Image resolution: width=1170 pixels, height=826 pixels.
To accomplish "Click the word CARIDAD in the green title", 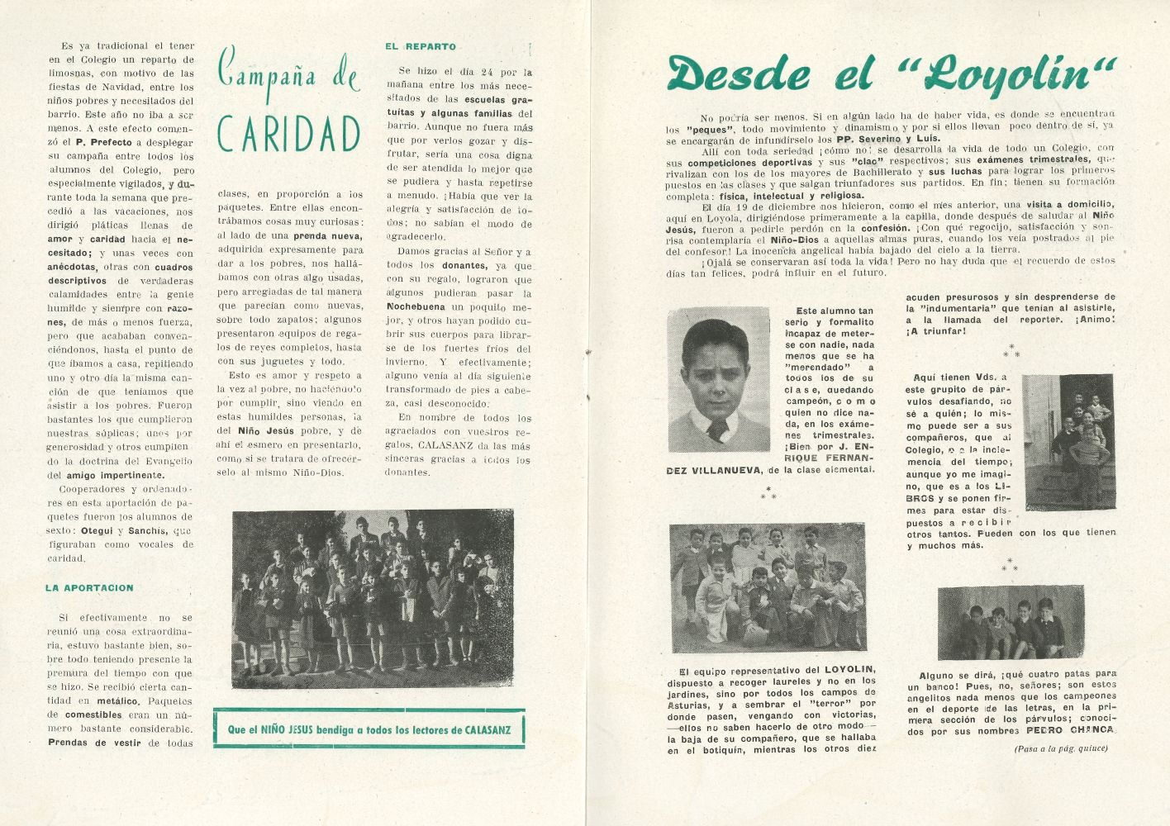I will pos(289,135).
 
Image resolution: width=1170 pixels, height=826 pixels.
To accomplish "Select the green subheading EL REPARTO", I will pos(420,47).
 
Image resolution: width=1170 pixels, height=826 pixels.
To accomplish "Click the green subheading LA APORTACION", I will pos(89,588).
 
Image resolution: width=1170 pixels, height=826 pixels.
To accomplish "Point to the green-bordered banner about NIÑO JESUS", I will pos(369,729).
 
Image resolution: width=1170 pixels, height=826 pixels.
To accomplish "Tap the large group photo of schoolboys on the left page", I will pos(373,600).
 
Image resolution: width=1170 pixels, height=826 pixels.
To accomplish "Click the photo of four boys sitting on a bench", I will pos(1010,622).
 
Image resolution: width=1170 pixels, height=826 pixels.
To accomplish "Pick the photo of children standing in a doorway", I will pos(1068,442).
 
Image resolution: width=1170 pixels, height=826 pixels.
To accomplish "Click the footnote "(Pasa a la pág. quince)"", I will pos(1061,749).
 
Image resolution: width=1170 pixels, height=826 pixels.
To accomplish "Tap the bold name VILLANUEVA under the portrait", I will pos(716,470).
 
